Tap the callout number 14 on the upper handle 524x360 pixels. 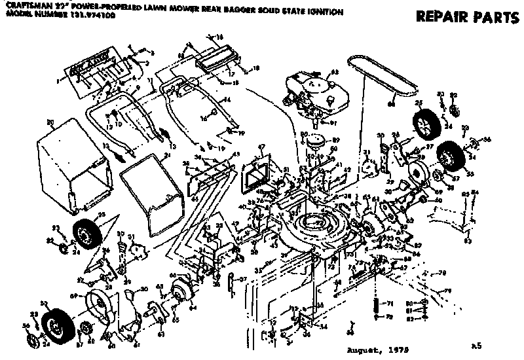228,99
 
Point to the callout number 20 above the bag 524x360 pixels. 50,121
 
